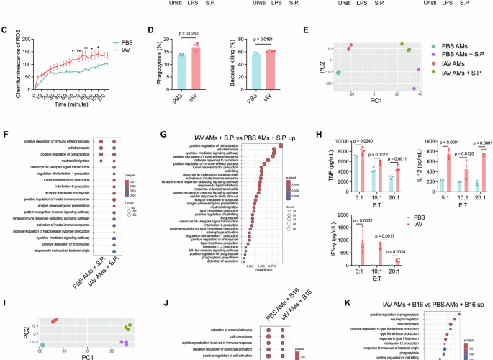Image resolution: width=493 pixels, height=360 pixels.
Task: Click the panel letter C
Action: click(x=4, y=32)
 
